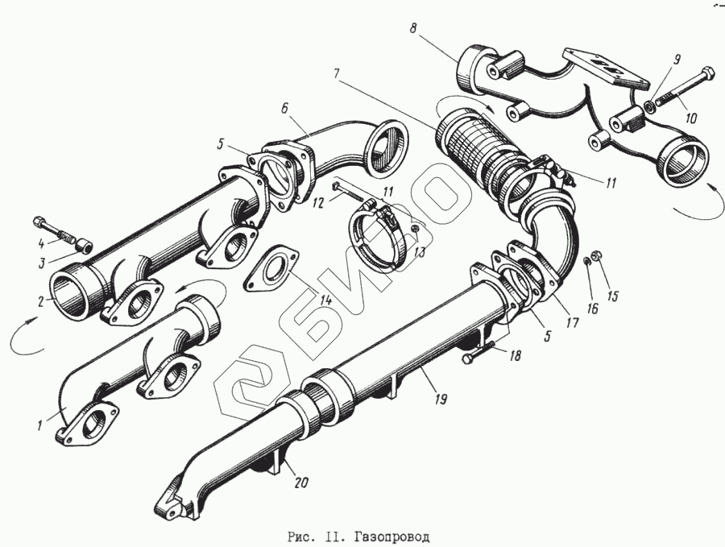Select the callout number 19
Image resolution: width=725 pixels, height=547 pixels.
pyautogui.click(x=441, y=398)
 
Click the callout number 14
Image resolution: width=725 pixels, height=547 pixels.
pyautogui.click(x=325, y=300)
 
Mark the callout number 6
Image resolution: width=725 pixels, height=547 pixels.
pyautogui.click(x=285, y=106)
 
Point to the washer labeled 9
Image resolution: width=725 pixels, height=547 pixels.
pyautogui.click(x=648, y=107)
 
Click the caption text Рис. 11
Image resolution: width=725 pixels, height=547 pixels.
pyautogui.click(x=312, y=535)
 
